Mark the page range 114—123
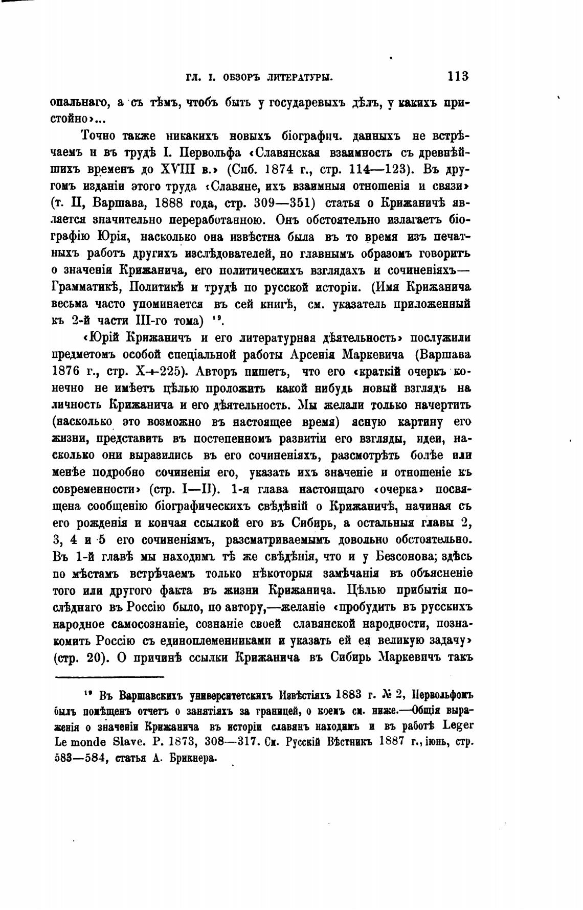click(378, 170)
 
